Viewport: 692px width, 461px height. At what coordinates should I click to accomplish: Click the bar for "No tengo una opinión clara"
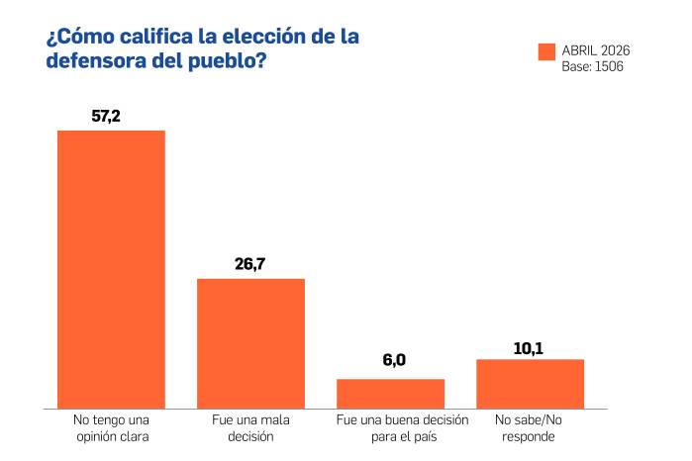point(111,269)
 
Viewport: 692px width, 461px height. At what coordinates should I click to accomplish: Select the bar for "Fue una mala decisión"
point(250,343)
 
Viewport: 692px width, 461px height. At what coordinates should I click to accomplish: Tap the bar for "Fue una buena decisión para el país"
point(390,393)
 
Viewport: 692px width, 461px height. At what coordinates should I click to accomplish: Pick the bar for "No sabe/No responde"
point(530,383)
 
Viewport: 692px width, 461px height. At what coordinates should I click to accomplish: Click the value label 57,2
point(106,116)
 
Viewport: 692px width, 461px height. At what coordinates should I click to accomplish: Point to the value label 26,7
point(249,264)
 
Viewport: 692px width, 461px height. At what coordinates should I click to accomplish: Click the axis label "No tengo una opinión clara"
point(111,427)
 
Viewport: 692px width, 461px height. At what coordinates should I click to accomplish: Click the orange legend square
point(546,52)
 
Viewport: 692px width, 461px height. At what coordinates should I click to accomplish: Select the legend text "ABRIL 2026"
point(596,50)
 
